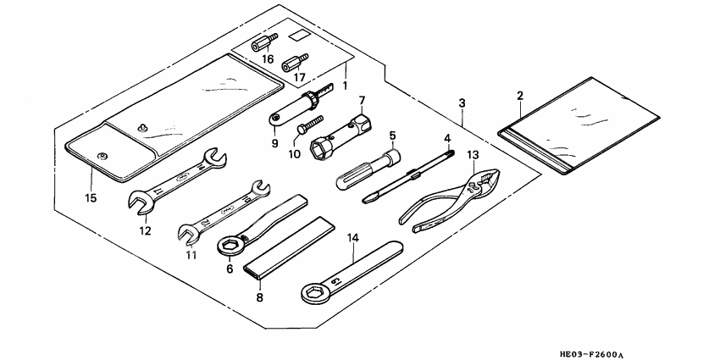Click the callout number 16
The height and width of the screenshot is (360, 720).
coord(268,59)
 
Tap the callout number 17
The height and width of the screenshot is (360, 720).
coord(299,78)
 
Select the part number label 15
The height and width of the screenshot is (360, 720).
coord(91,198)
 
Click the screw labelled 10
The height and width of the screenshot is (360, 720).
coord(306,129)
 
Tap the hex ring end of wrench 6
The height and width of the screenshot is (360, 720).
coord(229,246)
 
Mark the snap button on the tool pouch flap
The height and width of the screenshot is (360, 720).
coord(103,155)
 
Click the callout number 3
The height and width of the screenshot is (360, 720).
coord(462,103)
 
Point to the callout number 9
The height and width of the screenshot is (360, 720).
coord(275,143)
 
